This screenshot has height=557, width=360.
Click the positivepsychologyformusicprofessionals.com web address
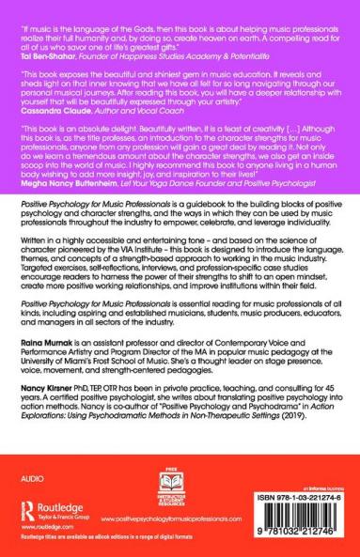click(187, 518)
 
